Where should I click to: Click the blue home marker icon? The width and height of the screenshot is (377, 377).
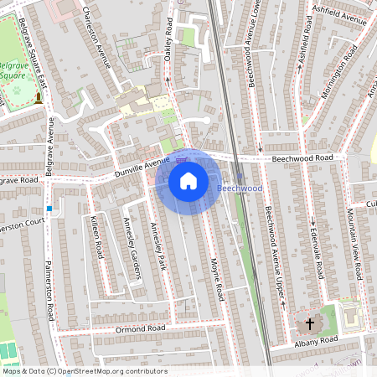(188, 181)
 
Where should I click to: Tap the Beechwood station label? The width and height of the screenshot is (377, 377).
(240, 188)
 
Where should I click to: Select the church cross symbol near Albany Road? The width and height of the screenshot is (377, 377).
(309, 323)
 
